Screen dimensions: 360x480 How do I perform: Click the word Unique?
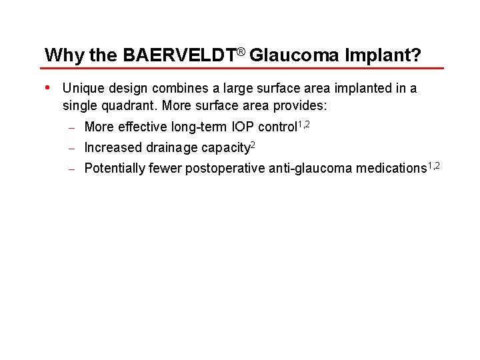pos(82,89)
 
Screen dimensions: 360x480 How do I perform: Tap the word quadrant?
pos(130,106)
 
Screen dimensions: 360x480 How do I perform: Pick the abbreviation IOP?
pos(244,127)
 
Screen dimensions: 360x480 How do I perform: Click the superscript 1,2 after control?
pos(303,123)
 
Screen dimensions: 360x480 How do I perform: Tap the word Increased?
pos(113,147)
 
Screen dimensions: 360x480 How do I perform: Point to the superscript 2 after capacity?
pos(253,144)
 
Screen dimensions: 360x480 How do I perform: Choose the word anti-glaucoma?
pos(310,168)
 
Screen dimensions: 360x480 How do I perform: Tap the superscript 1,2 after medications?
pos(433,165)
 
